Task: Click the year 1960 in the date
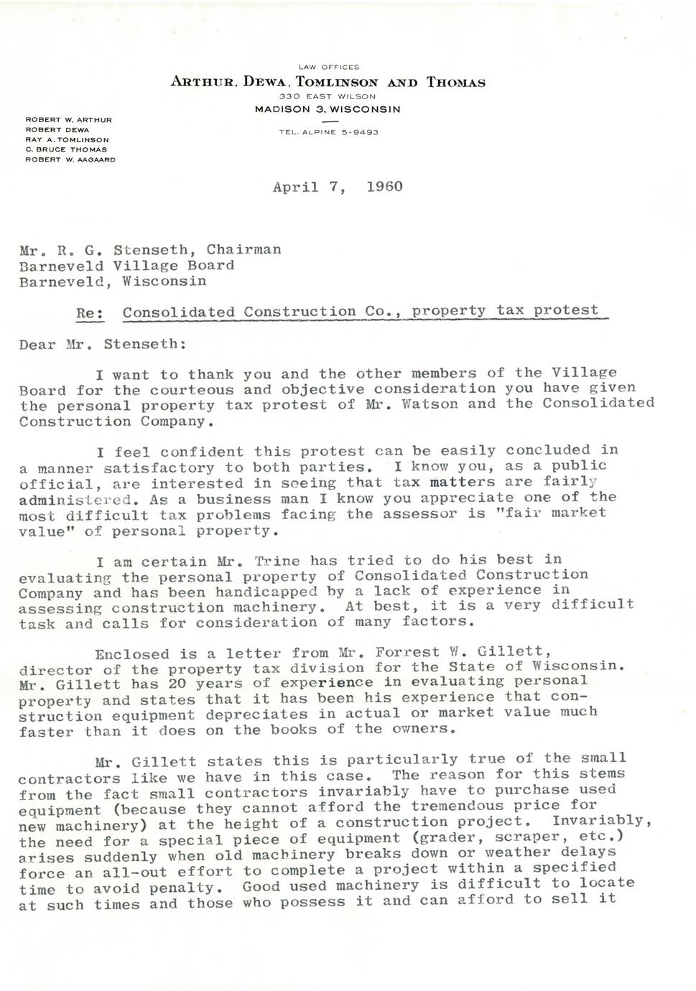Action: pos(384,187)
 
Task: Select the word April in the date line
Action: pos(296,187)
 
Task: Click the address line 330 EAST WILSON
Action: pos(328,96)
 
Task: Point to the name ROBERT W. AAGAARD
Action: pos(70,159)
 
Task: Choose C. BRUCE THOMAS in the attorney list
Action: pos(66,149)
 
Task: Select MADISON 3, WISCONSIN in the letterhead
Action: pos(328,109)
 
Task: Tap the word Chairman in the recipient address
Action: pos(243,249)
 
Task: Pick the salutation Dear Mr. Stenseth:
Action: pos(103,344)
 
